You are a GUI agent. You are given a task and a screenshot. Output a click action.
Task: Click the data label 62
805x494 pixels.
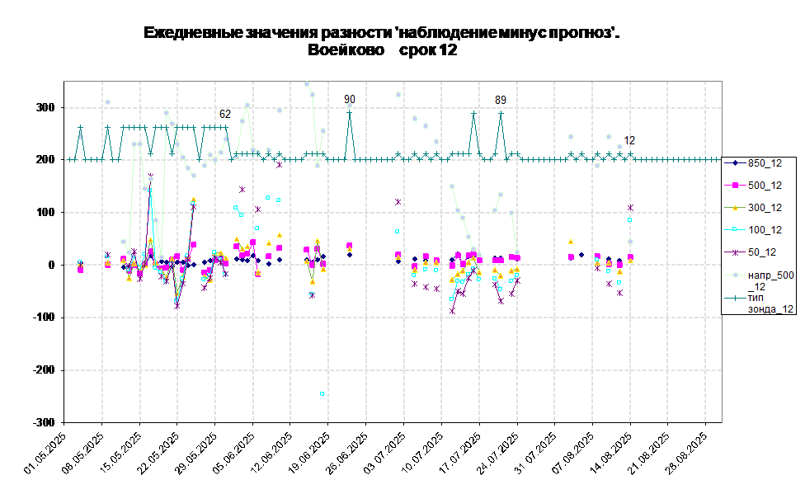click(225, 114)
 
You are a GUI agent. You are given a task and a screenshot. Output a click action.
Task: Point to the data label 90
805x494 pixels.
click(350, 99)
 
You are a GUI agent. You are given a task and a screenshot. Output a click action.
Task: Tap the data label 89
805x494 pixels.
click(501, 100)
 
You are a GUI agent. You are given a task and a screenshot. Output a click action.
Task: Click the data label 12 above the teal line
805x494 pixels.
click(629, 140)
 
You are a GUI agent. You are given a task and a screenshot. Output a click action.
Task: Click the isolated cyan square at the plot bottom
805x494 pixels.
click(322, 394)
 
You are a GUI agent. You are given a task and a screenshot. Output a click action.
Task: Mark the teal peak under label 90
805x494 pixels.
click(350, 113)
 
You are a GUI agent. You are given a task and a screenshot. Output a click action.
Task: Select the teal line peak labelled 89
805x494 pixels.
click(501, 113)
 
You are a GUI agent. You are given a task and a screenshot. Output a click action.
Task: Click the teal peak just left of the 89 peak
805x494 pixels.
click(473, 113)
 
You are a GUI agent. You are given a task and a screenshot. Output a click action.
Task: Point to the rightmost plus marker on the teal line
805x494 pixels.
click(717, 160)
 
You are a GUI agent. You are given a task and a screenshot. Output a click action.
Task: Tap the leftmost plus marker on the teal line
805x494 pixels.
click(69, 160)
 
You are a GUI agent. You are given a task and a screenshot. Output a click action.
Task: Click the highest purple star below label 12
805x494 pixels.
click(630, 207)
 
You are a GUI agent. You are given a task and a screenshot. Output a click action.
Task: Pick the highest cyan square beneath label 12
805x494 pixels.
click(629, 220)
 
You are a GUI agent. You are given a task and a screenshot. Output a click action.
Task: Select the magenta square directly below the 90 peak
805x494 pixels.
click(350, 246)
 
